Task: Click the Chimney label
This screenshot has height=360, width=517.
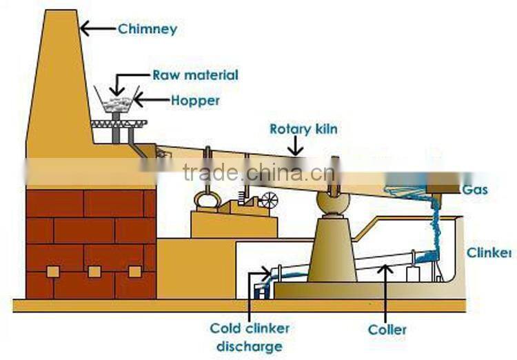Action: pos(148,29)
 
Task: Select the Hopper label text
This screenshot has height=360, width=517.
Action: pos(195,101)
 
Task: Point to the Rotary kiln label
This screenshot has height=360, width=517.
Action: pos(303,129)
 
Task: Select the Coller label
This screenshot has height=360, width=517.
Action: pos(387,330)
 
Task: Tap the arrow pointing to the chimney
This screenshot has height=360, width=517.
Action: pos(97,28)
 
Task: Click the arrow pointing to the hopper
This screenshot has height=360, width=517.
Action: pos(150,101)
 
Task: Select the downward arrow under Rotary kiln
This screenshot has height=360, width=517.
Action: pos(296,146)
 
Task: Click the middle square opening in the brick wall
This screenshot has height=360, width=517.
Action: pos(94,271)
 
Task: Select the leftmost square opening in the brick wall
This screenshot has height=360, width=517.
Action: pos(52,272)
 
